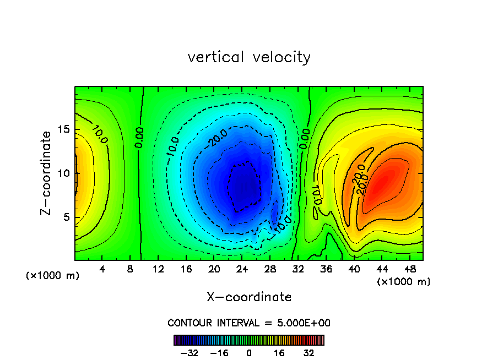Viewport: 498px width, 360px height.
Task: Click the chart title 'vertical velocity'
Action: click(x=249, y=57)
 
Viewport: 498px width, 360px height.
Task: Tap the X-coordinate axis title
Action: click(x=249, y=297)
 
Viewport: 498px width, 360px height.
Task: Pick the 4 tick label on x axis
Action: click(x=102, y=269)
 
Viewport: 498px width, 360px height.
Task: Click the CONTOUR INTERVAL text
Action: click(x=249, y=323)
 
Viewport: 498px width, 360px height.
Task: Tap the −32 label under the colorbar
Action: click(x=190, y=353)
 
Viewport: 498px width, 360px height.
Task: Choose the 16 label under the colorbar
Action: click(x=279, y=353)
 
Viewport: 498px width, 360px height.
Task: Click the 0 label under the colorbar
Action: click(x=249, y=353)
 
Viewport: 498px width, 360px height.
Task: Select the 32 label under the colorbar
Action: click(x=309, y=353)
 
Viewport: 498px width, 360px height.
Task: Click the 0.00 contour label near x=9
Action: click(x=139, y=138)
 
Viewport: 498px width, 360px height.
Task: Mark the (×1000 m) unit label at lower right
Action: click(x=404, y=282)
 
